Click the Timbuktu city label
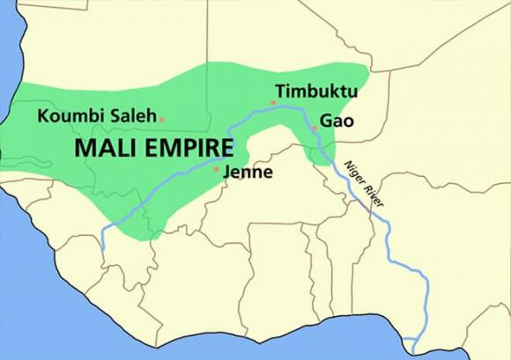(x=312, y=92)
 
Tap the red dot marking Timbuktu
(x=274, y=103)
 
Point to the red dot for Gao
(x=315, y=129)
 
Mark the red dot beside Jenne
(x=217, y=167)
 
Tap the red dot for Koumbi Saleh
(x=161, y=118)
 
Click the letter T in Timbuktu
(x=280, y=92)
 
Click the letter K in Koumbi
(x=43, y=115)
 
